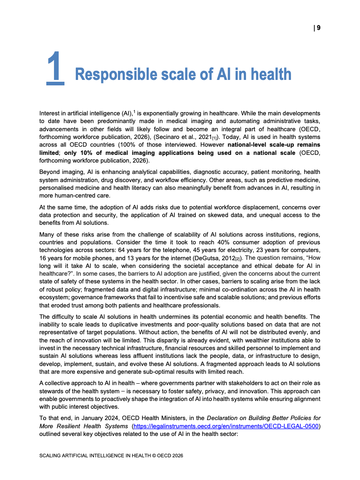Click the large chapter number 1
click(x=55, y=68)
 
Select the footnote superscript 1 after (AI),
click(x=134, y=111)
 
